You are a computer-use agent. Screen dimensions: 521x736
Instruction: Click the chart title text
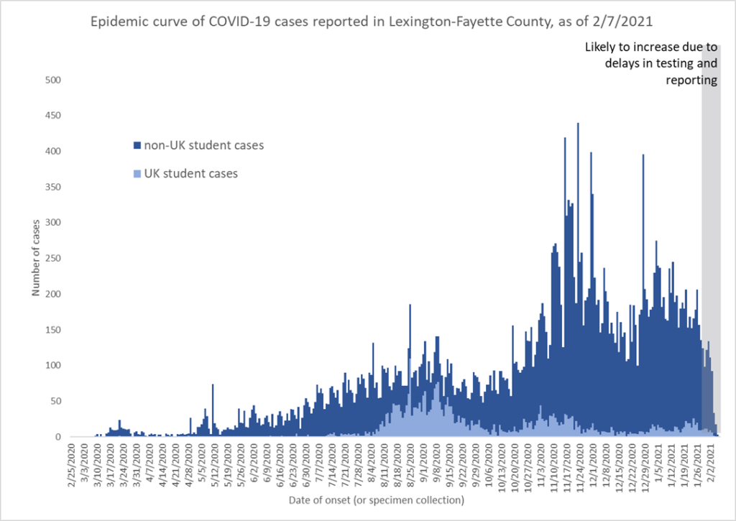(x=368, y=22)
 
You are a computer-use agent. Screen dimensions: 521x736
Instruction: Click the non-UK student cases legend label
(x=203, y=145)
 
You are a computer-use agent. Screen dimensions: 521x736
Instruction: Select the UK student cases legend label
(x=190, y=173)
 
